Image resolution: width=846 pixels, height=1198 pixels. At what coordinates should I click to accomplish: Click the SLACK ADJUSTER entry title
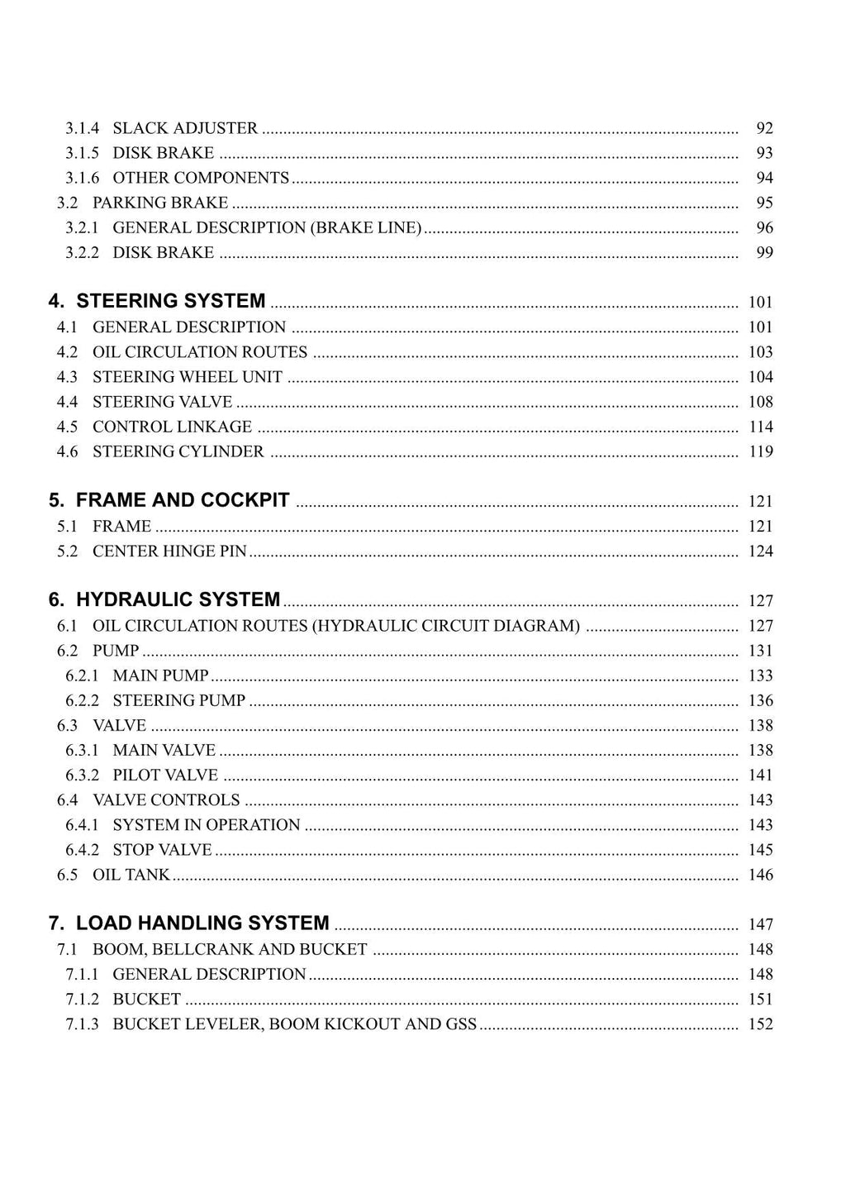click(185, 128)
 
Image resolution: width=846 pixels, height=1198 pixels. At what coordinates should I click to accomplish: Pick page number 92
click(764, 128)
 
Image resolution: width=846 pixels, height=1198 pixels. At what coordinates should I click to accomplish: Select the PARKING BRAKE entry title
click(160, 203)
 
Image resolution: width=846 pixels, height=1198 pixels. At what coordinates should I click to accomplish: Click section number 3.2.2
click(82, 252)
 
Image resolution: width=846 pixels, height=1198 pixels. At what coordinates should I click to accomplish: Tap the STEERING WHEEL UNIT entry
click(188, 377)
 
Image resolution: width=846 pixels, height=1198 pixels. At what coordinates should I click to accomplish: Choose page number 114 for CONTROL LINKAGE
click(761, 427)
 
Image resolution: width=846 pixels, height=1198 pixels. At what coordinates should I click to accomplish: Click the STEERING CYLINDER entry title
click(178, 451)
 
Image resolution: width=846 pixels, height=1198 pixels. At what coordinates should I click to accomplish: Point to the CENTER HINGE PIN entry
click(169, 551)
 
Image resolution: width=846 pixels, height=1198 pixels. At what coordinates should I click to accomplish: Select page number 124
click(761, 551)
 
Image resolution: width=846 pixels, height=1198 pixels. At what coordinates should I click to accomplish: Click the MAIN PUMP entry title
click(160, 675)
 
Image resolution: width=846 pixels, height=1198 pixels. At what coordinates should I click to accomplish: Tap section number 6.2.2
click(82, 700)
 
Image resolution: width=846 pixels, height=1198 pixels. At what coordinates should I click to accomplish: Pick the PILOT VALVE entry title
click(165, 775)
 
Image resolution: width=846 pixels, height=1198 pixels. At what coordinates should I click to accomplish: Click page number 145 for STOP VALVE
click(761, 849)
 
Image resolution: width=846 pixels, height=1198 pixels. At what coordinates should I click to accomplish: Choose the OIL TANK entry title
click(131, 874)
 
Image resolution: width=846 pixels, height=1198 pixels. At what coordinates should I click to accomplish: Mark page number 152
click(761, 1024)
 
